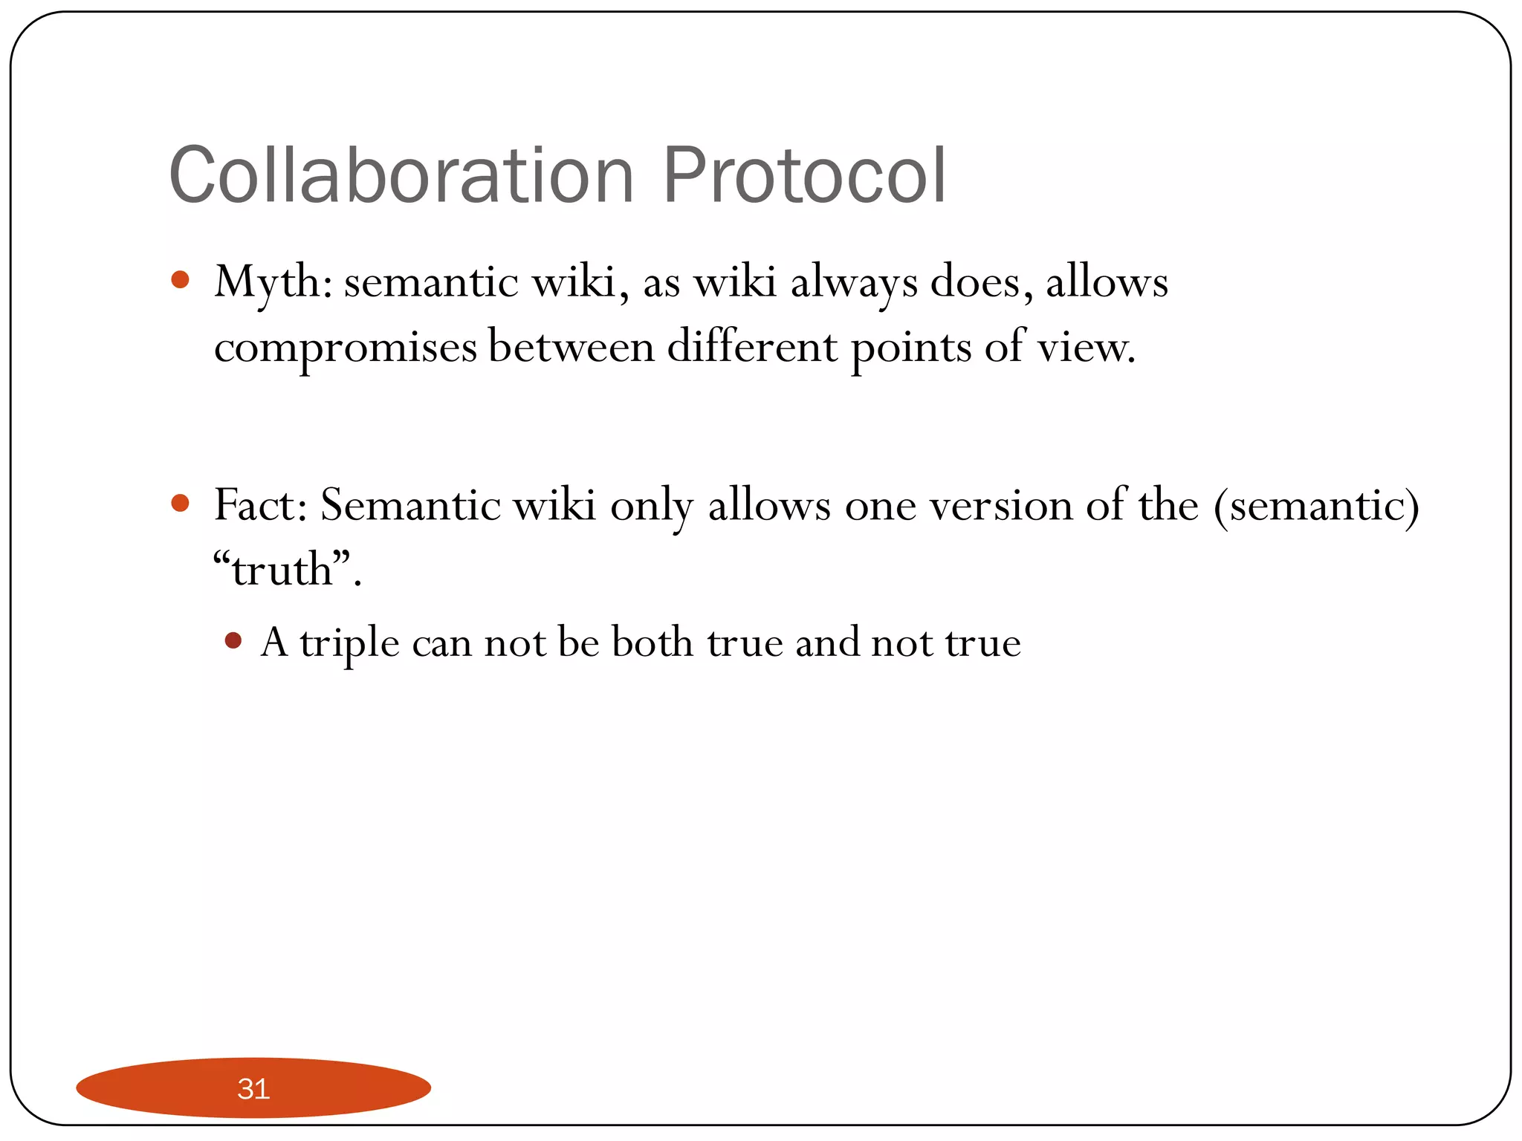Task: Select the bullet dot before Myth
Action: [x=180, y=280]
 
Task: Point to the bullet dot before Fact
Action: [x=180, y=504]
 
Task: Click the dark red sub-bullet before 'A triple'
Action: [x=233, y=640]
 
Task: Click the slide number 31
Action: [x=253, y=1088]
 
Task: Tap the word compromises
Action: [x=345, y=348]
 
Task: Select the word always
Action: [x=854, y=284]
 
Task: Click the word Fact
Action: [x=256, y=505]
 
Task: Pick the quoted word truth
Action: [x=282, y=570]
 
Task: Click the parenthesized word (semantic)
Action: [x=1316, y=505]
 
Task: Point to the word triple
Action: [x=350, y=643]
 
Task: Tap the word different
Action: [x=752, y=346]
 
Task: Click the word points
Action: [x=911, y=348]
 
